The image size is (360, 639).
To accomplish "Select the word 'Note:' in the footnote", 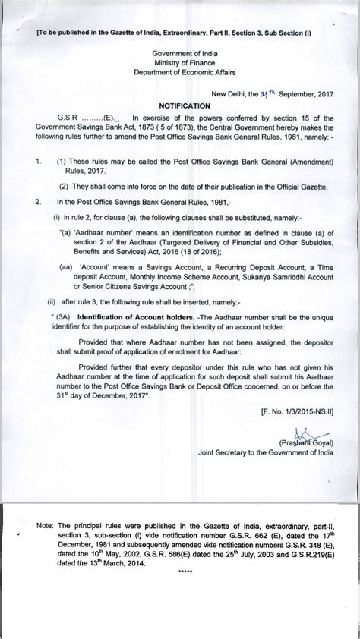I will [x=45, y=524].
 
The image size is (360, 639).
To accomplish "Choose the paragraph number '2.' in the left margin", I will [x=37, y=201].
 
